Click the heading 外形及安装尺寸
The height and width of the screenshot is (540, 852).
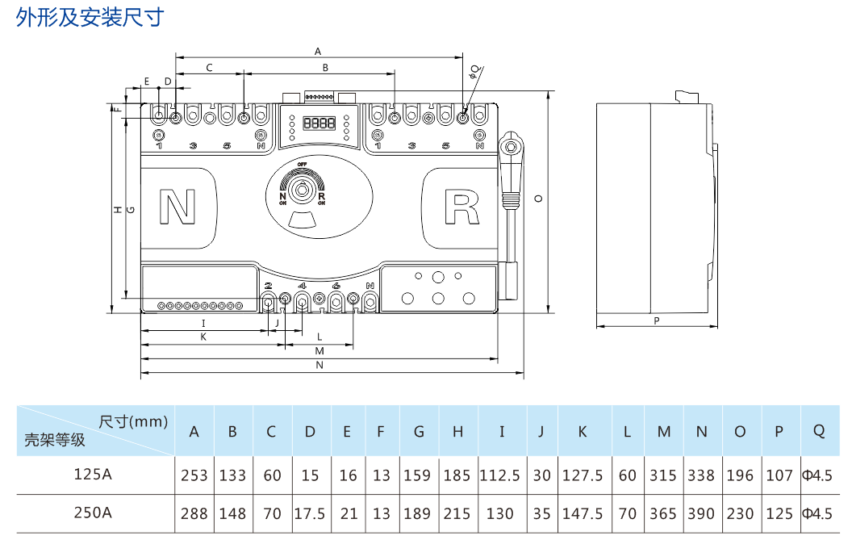click(90, 18)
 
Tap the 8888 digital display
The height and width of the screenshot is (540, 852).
click(319, 123)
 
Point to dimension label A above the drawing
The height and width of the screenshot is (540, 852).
click(318, 50)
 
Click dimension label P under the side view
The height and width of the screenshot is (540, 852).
click(657, 320)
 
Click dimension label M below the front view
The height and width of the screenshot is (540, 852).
click(319, 351)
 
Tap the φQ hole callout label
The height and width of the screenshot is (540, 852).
click(474, 70)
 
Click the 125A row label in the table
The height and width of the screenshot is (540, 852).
click(93, 475)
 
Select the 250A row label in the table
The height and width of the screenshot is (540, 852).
click(93, 513)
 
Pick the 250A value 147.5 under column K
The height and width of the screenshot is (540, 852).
click(583, 513)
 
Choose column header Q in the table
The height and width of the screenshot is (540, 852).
click(819, 431)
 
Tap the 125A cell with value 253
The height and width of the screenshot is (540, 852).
click(194, 475)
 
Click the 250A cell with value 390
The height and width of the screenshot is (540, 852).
click(701, 513)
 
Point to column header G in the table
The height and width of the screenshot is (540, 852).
click(419, 432)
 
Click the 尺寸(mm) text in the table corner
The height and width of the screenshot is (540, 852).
click(133, 421)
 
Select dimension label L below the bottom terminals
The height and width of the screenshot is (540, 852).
click(319, 335)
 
